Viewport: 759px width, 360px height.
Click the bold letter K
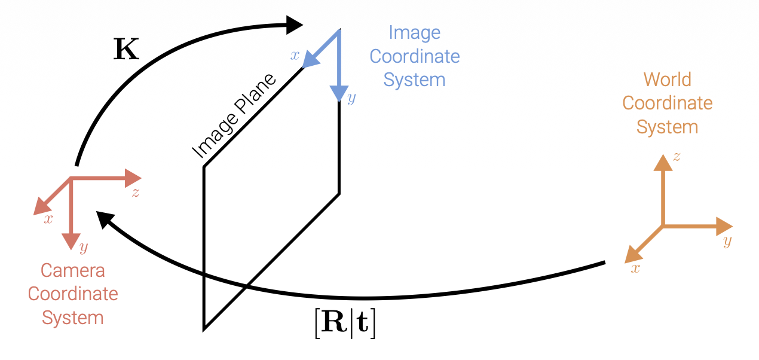pyautogui.click(x=126, y=50)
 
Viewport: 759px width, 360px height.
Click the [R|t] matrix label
pyautogui.click(x=345, y=325)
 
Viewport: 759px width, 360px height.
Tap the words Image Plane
pyautogui.click(x=235, y=117)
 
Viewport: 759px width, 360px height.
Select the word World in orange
pyautogui.click(x=667, y=80)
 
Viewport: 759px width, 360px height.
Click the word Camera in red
pyautogui.click(x=73, y=270)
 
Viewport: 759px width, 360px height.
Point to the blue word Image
pyautogui.click(x=414, y=32)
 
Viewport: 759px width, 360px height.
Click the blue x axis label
pyautogui.click(x=295, y=56)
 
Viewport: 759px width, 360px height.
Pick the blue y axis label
pyautogui.click(x=351, y=99)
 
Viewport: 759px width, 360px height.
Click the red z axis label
pyautogui.click(x=136, y=193)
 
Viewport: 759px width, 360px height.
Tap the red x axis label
pyautogui.click(x=48, y=219)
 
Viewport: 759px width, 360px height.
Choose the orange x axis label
pyautogui.click(x=635, y=269)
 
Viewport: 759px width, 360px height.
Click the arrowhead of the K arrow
pyautogui.click(x=295, y=25)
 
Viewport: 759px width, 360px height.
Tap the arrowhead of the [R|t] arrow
pyautogui.click(x=105, y=219)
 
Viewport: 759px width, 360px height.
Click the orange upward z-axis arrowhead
pyautogui.click(x=663, y=162)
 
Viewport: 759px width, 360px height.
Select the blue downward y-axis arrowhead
pyautogui.click(x=339, y=93)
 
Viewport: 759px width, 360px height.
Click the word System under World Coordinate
pyautogui.click(x=667, y=127)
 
